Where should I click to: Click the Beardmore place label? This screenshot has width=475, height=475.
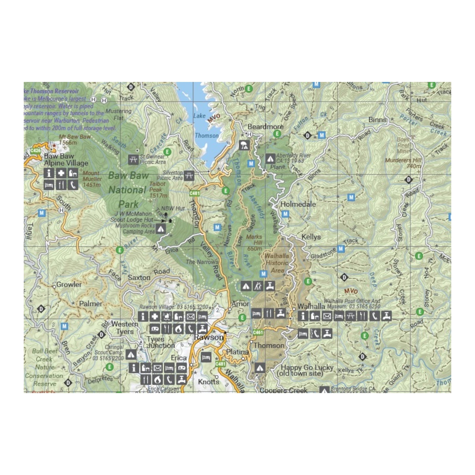pos(265,127)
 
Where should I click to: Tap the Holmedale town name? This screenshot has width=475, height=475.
pos(298,204)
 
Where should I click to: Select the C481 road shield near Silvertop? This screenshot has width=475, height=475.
pos(194,193)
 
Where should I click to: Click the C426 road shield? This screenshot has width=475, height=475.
pos(35,151)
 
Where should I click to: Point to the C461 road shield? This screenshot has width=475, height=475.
pos(258,332)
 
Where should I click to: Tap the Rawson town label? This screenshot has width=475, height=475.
pos(208,338)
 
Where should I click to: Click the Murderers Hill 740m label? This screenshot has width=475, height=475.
pos(403,163)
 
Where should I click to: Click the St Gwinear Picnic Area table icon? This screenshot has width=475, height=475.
pos(133,159)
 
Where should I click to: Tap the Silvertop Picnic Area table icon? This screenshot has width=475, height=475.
pos(189,176)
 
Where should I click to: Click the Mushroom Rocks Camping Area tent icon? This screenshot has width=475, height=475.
pos(161,229)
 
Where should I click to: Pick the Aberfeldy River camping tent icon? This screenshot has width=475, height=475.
pos(270,159)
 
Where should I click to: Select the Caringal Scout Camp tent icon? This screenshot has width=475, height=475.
pos(131,354)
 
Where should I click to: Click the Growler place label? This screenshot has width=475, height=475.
pos(69,285)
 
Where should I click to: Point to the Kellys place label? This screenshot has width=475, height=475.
pos(311,237)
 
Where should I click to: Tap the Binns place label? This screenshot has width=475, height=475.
pos(377,120)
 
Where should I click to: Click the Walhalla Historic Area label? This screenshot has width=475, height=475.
pos(277,263)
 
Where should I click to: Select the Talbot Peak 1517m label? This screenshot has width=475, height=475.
pos(158,190)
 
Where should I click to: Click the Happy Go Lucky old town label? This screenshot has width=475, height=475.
pos(306,370)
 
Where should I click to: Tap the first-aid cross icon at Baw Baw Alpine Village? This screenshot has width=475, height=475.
pos(61,173)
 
